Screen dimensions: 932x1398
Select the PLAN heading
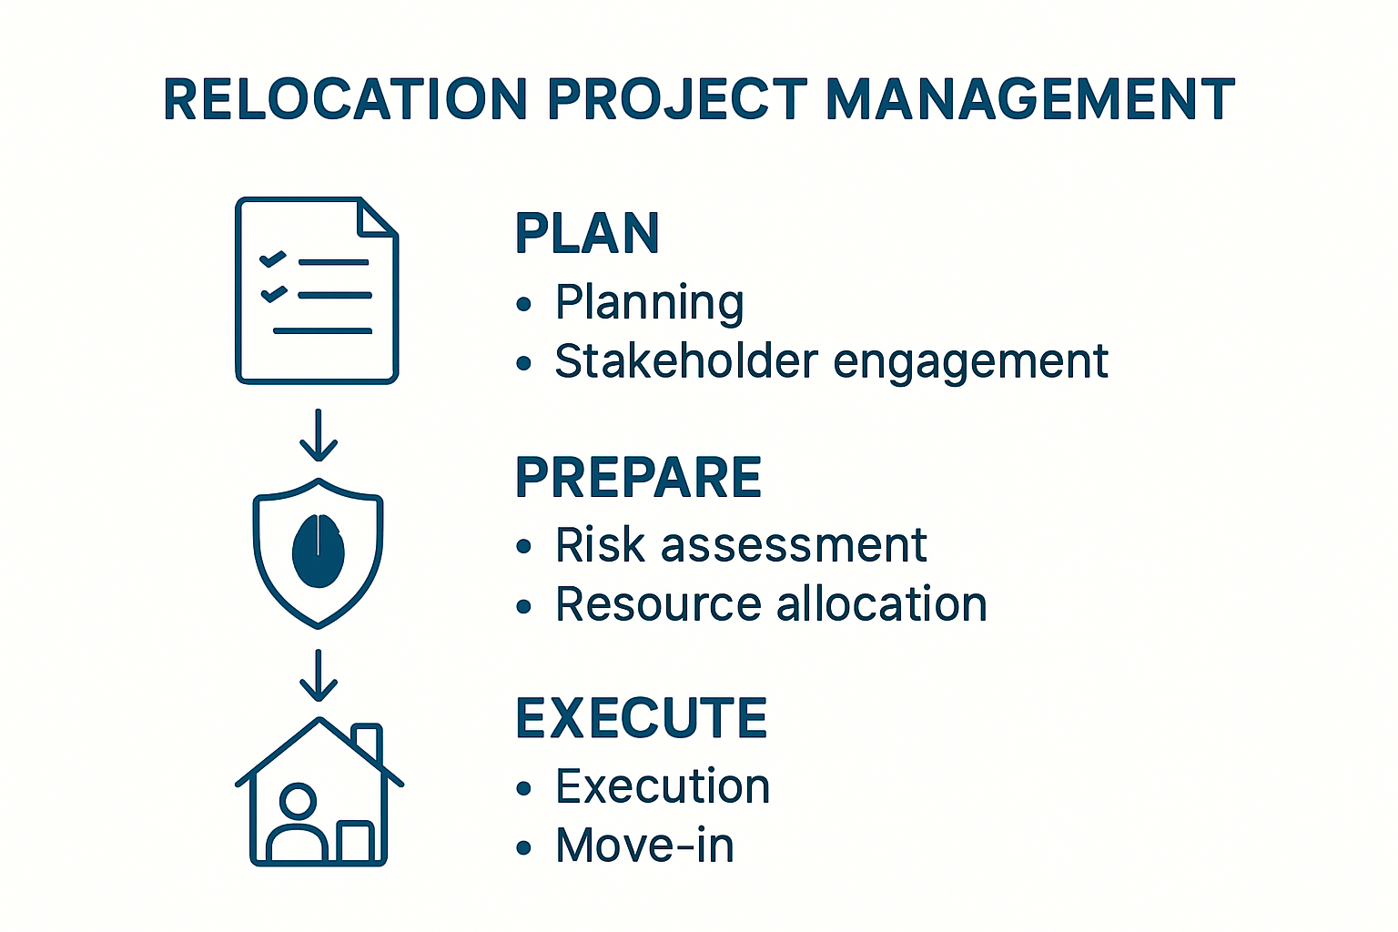[x=587, y=233]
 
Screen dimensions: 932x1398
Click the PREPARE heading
[x=638, y=477]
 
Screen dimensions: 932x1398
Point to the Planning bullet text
[x=650, y=303]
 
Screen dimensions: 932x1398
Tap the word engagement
[x=970, y=363]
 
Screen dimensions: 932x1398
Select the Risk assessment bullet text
[x=741, y=545]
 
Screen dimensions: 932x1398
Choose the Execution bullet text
[x=663, y=786]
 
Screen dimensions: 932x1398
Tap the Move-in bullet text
[x=644, y=846]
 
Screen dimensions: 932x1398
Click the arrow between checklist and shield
[x=319, y=435]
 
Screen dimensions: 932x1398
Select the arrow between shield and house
[x=319, y=675]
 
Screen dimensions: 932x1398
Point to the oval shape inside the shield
[x=318, y=551]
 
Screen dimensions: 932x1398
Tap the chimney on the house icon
[x=367, y=741]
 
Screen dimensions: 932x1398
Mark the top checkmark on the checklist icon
[x=273, y=259]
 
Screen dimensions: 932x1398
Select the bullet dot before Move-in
[x=523, y=847]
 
